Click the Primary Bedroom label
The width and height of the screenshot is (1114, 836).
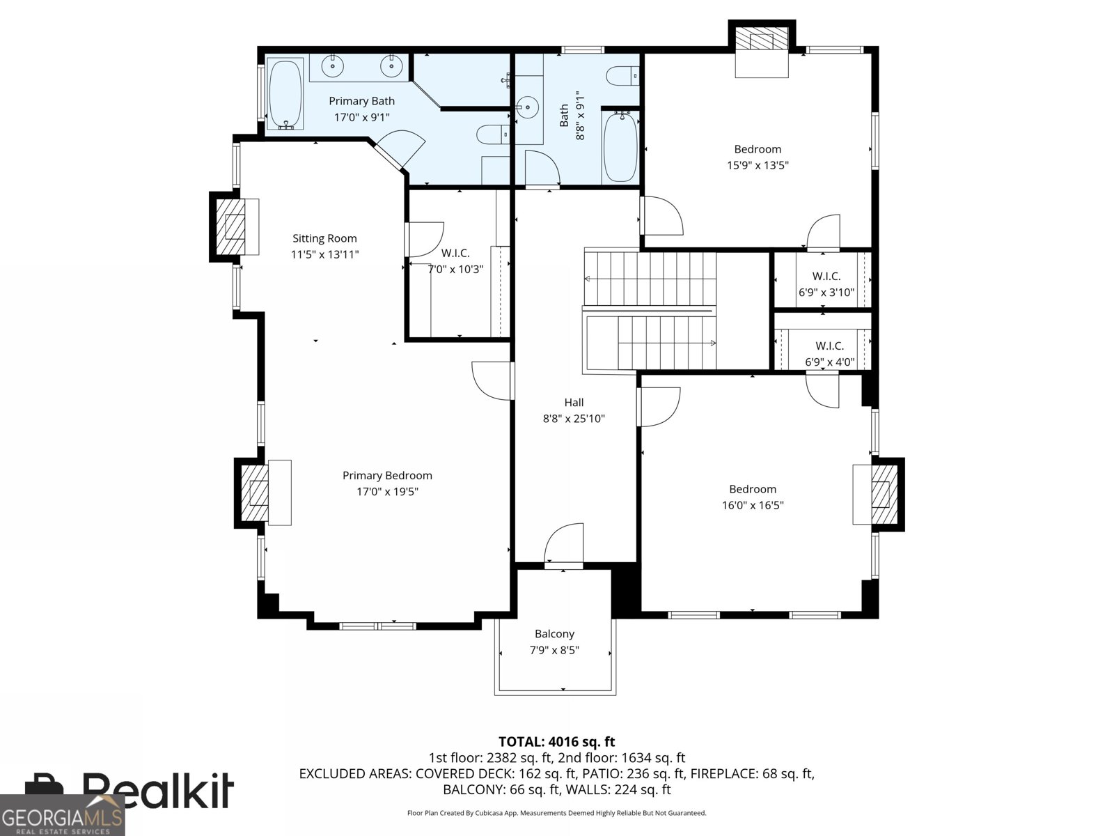387,476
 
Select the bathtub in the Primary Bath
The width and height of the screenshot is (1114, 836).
285,95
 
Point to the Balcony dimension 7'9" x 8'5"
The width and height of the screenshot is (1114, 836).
554,651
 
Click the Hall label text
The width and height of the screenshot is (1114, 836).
574,403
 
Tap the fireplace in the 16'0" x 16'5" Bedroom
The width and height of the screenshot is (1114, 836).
880,493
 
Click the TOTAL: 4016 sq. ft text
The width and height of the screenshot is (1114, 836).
556,742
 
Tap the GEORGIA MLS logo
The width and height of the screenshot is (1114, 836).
62,816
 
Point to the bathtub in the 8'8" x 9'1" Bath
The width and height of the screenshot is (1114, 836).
620,148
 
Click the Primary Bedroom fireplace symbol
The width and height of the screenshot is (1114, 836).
258,493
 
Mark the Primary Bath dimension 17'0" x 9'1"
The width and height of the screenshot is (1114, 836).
362,118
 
